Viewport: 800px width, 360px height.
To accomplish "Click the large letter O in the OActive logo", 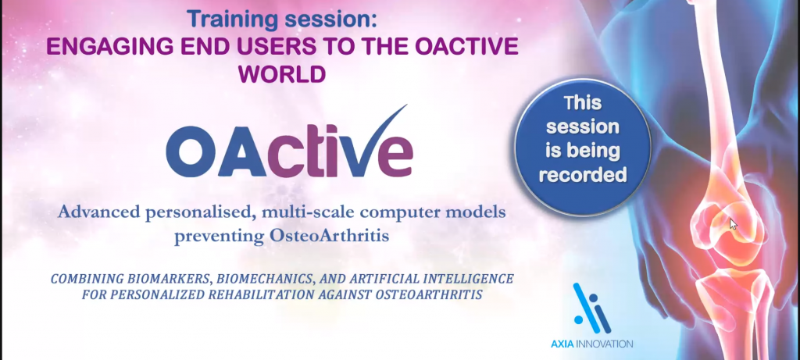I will (191, 154).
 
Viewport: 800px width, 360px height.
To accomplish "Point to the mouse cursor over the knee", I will (732, 223).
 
